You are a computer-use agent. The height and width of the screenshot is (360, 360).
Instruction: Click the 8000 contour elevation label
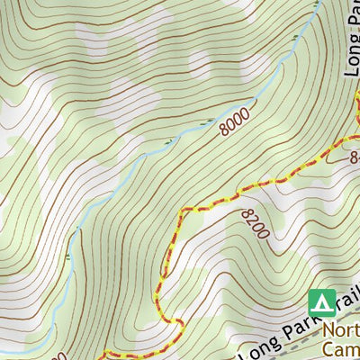coord(232,122)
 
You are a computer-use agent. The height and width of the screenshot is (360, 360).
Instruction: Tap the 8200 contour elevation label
coord(255,222)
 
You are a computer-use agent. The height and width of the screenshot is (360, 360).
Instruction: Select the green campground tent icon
coord(321,301)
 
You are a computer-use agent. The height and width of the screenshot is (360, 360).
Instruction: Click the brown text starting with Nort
coord(340,329)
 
